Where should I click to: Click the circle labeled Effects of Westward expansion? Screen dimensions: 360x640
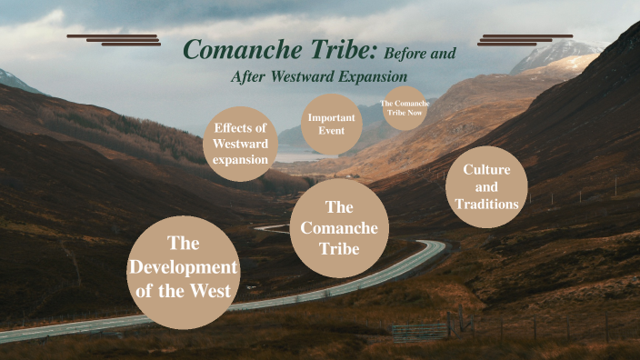point(240,145)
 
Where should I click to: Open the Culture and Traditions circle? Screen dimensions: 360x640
point(486,187)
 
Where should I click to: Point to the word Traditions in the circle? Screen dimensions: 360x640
point(487,205)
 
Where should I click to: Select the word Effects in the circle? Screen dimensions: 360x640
point(240,128)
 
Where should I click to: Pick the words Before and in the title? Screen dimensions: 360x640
point(420,53)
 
